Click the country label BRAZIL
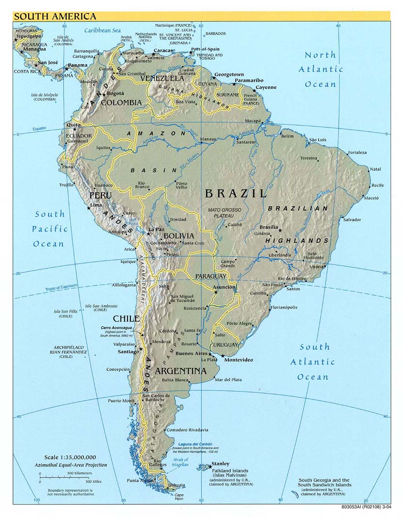click(236, 193)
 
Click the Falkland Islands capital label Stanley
click(221, 464)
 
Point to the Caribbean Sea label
click(102, 30)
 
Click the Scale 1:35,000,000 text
click(70, 457)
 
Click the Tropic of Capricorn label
click(61, 287)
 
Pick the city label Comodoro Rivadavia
click(187, 430)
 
